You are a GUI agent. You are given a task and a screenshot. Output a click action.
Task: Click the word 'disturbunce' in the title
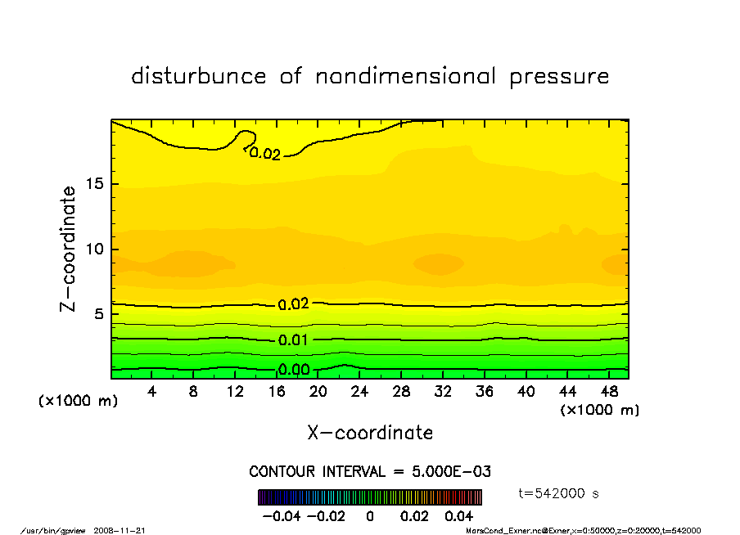coord(199,77)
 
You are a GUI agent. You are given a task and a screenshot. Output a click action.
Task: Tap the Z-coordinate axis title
coord(69,249)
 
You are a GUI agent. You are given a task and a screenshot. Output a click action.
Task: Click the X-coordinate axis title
coord(370,433)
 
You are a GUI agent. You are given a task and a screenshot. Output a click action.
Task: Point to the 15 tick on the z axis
coord(96,184)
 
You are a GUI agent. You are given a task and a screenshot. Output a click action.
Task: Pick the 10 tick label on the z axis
coord(96,249)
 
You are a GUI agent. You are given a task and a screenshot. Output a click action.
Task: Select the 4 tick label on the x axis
coord(152,392)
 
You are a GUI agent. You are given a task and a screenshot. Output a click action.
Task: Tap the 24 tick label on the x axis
coord(359,392)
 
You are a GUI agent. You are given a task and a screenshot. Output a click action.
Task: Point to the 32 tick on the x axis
coord(442,392)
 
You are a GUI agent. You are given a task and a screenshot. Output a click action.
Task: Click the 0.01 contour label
coord(293,339)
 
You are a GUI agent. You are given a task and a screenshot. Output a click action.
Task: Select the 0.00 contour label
coord(293,370)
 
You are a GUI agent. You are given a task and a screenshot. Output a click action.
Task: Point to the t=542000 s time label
coord(560,493)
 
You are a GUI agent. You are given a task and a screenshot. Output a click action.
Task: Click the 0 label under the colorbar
coord(369,516)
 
